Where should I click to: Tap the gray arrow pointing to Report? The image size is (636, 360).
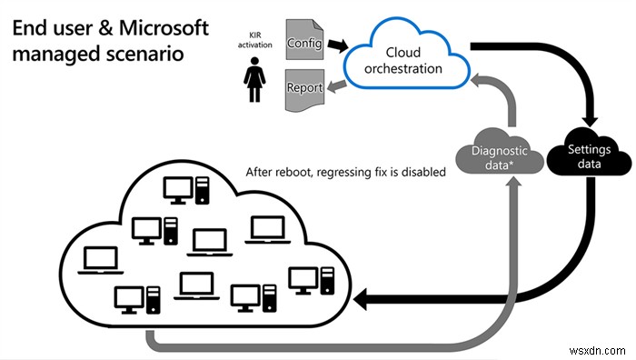coord(333,86)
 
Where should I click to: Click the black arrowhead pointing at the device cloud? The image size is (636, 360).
coord(362,297)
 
